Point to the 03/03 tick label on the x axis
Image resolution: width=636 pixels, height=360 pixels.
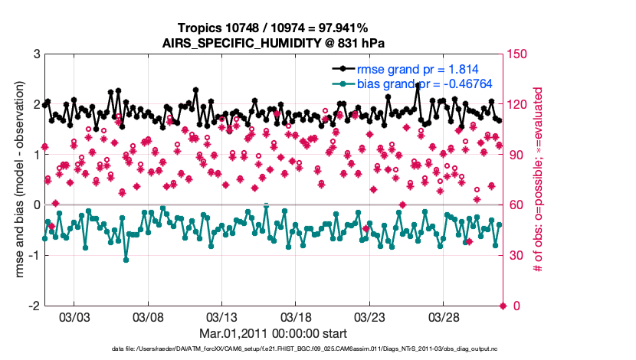[75, 316]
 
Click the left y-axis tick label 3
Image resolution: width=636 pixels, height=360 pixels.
[36, 54]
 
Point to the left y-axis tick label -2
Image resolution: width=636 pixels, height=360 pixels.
[34, 306]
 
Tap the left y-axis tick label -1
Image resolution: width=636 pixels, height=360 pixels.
[34, 255]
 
